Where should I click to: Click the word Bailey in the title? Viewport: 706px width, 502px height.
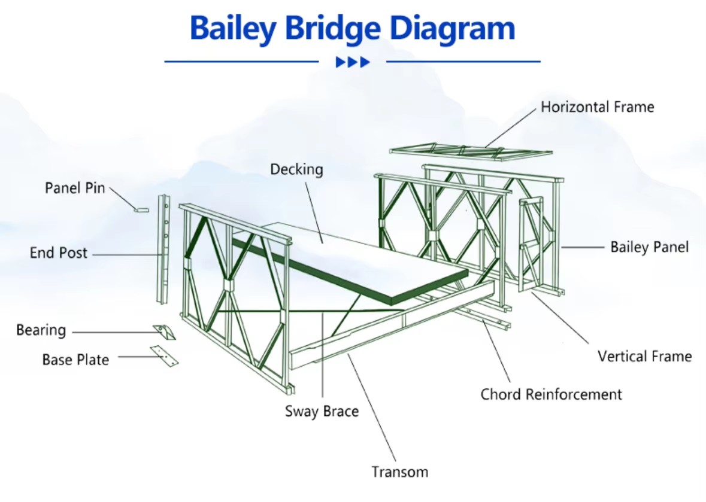(x=233, y=29)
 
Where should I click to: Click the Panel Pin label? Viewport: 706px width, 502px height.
(x=75, y=188)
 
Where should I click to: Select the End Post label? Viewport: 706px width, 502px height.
(x=59, y=253)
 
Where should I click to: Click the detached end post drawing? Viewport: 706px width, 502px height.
(x=163, y=249)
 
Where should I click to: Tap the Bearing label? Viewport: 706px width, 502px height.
(x=41, y=330)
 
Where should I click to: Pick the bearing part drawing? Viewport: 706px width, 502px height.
(x=165, y=332)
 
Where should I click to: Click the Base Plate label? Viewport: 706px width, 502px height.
(x=75, y=360)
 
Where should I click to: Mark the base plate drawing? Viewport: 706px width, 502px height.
(x=164, y=356)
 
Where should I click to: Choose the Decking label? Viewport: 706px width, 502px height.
(x=297, y=169)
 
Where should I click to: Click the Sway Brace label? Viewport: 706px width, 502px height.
(x=322, y=411)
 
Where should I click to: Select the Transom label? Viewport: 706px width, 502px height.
(x=400, y=472)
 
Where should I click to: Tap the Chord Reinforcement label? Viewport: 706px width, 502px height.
(x=551, y=394)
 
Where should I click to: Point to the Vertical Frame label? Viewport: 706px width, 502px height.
(x=645, y=357)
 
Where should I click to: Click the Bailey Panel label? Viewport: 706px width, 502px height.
(x=649, y=247)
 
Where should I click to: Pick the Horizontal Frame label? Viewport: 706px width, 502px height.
(x=598, y=107)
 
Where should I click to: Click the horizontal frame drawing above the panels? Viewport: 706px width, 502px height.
(x=471, y=151)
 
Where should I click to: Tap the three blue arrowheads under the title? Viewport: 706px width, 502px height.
(x=353, y=62)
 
